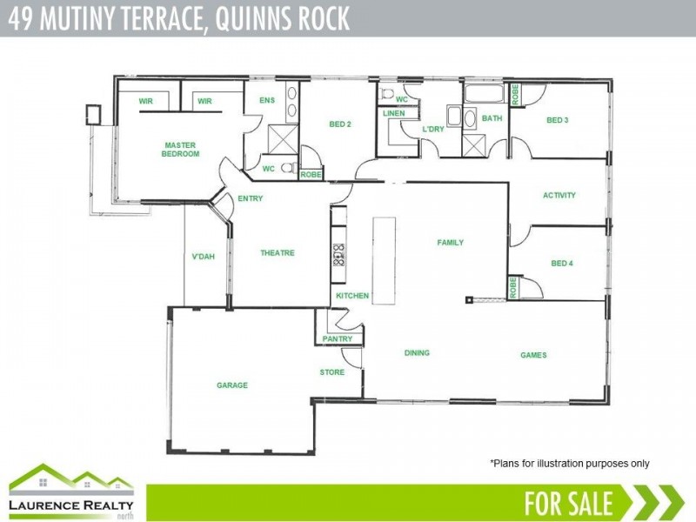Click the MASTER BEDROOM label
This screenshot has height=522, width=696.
click(x=180, y=150)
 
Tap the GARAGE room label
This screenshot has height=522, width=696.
click(x=232, y=385)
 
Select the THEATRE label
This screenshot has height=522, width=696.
click(x=278, y=253)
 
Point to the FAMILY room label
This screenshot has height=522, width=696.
click(x=450, y=243)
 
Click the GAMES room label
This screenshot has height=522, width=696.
click(x=533, y=355)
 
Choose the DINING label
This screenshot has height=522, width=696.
click(x=417, y=353)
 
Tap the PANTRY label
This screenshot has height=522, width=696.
click(x=337, y=338)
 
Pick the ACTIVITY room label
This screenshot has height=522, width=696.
click(x=559, y=195)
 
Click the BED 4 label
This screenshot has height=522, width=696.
click(x=562, y=263)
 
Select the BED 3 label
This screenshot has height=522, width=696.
click(x=557, y=119)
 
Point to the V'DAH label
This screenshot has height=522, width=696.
click(x=203, y=257)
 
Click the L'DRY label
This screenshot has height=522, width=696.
click(x=432, y=130)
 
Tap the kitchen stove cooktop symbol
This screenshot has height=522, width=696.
click(x=338, y=254)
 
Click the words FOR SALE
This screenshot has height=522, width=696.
click(x=569, y=503)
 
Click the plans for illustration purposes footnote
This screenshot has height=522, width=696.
click(x=569, y=464)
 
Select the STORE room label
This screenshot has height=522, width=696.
click(x=331, y=372)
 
